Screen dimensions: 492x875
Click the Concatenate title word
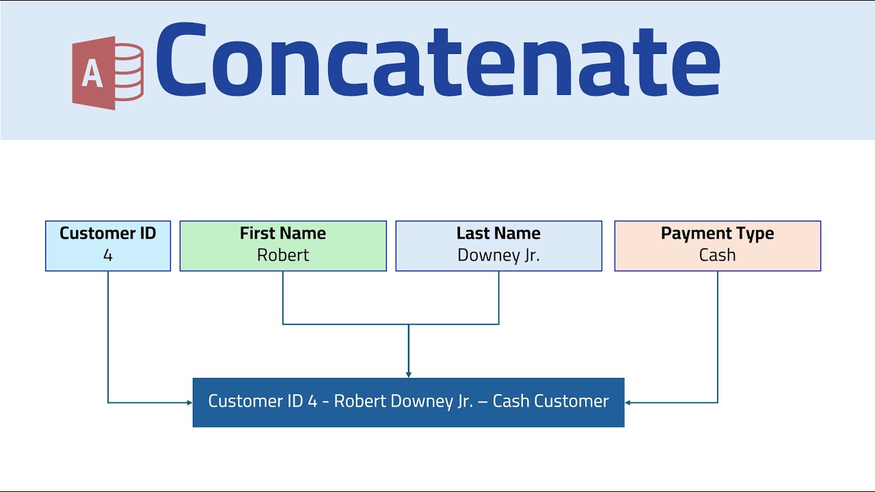pyautogui.click(x=437, y=61)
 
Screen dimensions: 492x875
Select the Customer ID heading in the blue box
pyautogui.click(x=108, y=234)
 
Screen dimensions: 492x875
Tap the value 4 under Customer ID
pyautogui.click(x=108, y=256)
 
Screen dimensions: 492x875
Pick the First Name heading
pyautogui.click(x=282, y=234)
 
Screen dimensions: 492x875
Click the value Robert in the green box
pyautogui.click(x=283, y=256)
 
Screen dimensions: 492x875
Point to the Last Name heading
pyautogui.click(x=498, y=234)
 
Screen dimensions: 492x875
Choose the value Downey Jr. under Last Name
pyautogui.click(x=498, y=256)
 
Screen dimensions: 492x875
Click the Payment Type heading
pyautogui.click(x=717, y=234)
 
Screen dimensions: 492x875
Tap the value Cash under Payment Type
pyautogui.click(x=717, y=256)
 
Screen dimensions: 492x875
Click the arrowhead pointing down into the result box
pyautogui.click(x=409, y=374)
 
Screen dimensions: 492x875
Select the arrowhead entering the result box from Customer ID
pyautogui.click(x=189, y=402)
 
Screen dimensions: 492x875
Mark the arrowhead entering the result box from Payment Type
pyautogui.click(x=628, y=402)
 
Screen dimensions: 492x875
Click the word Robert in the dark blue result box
pyautogui.click(x=360, y=401)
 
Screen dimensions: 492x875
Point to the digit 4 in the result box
pyautogui.click(x=312, y=401)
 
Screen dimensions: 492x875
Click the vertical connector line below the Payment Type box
pyautogui.click(x=718, y=335)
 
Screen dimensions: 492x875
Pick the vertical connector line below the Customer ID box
pyautogui.click(x=108, y=335)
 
